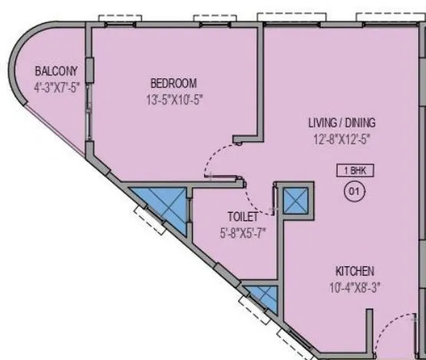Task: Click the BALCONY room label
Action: [x=56, y=71]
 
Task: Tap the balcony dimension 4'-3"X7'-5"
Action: [x=57, y=87]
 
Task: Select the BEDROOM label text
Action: [x=173, y=83]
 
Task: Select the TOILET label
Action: [x=242, y=216]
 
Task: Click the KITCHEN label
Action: [x=354, y=272]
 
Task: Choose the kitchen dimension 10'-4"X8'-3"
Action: [x=354, y=288]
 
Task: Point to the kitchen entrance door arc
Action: [x=399, y=338]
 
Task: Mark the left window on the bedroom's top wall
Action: [x=114, y=18]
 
